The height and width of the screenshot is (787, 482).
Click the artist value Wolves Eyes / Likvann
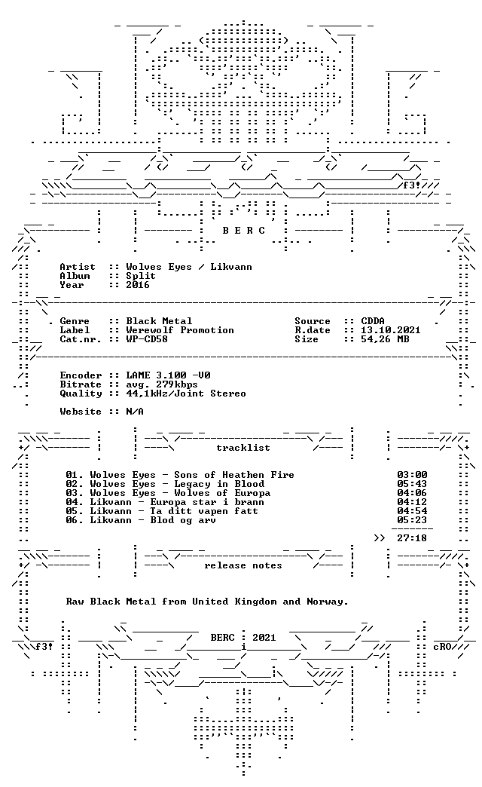click(189, 267)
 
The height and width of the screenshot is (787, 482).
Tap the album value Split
click(141, 276)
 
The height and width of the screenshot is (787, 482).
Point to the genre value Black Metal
click(159, 321)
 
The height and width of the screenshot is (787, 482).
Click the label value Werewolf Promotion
click(180, 330)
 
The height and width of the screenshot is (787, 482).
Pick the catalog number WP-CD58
click(147, 339)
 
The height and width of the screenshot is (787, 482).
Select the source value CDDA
click(373, 321)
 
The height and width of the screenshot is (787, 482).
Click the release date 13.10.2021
click(391, 330)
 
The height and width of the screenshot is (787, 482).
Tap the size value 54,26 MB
click(385, 339)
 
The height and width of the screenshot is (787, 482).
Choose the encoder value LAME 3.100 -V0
click(168, 375)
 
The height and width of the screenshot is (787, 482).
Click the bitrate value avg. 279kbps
click(162, 384)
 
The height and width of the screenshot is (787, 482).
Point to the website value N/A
click(135, 412)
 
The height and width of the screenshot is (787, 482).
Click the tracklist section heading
click(243, 448)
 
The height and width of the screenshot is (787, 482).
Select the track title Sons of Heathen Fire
click(234, 475)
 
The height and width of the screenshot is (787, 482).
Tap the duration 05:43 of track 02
click(412, 484)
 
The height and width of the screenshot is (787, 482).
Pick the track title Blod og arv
click(183, 520)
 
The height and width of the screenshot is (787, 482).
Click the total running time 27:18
click(412, 538)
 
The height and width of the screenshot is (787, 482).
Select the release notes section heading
click(243, 565)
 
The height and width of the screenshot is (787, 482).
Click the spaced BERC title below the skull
click(244, 231)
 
